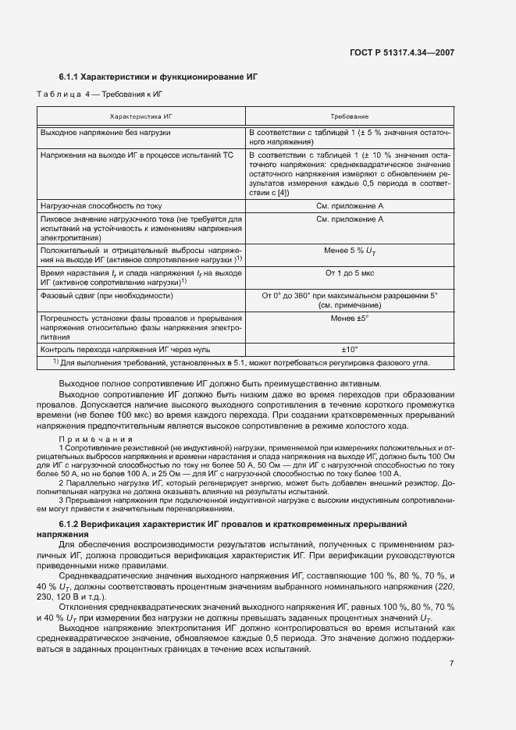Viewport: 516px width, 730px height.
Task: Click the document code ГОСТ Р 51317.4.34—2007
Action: (x=406, y=53)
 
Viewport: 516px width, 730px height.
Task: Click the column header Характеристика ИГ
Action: (x=141, y=116)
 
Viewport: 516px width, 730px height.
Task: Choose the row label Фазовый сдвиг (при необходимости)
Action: (x=106, y=296)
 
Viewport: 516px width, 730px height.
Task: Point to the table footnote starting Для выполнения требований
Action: (x=242, y=363)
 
